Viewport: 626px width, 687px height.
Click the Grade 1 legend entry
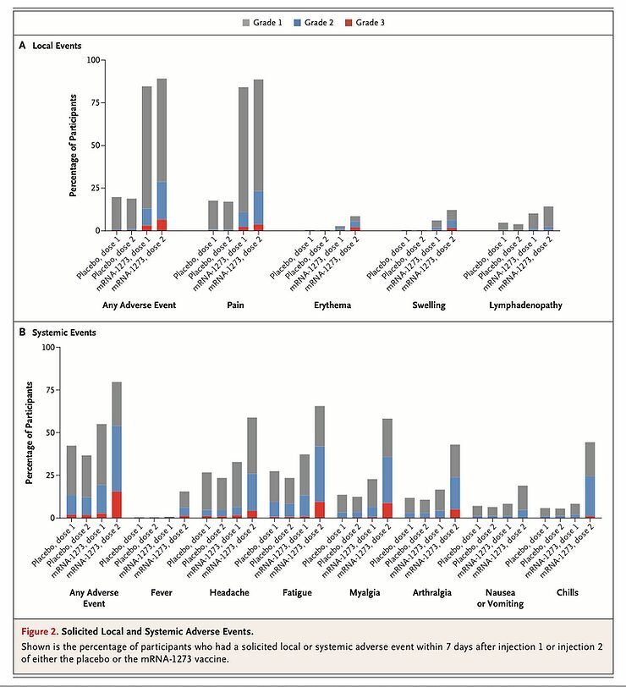pos(262,22)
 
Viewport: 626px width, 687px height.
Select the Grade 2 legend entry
pos(314,22)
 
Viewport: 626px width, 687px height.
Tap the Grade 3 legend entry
pos(365,22)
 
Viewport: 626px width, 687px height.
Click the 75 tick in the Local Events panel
pos(96,102)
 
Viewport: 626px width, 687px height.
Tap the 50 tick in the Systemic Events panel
pos(51,432)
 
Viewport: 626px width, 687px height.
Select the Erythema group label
pos(332,305)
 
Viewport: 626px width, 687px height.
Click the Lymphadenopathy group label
pos(525,305)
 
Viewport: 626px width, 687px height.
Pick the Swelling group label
pos(429,305)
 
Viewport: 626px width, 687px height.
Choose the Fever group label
pos(162,592)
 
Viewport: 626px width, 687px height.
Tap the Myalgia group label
pos(365,593)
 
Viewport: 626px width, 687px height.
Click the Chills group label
pos(568,592)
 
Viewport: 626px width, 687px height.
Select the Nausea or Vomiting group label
pos(500,598)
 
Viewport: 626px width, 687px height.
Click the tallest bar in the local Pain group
pos(259,155)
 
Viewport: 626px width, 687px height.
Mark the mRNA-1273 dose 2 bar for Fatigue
pos(320,462)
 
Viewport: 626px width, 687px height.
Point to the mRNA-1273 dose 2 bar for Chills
pos(590,481)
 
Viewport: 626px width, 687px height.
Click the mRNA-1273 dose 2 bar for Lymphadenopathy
pos(548,218)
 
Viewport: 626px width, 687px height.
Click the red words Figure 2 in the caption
pos(40,631)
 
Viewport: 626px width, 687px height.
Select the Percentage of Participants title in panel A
pos(73,146)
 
